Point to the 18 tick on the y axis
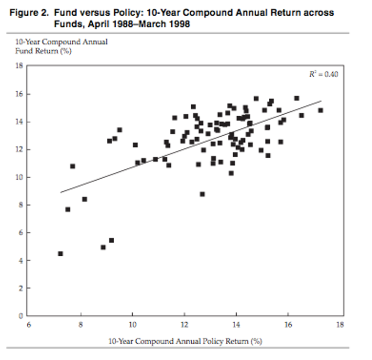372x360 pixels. pos(20,66)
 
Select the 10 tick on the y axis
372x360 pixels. pos(20,177)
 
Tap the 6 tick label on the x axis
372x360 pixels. pos(29,324)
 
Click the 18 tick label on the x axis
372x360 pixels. pos(341,324)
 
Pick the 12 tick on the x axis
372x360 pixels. pos(184,324)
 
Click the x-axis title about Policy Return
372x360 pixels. pos(184,341)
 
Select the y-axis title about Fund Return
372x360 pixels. pos(61,46)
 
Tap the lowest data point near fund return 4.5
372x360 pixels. pos(60,254)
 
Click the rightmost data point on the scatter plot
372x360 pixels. pos(321,111)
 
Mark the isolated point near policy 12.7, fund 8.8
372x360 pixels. pos(202,194)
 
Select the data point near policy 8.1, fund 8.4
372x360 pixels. pos(84,199)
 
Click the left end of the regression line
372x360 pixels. pos(61,192)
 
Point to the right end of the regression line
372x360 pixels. pos(321,101)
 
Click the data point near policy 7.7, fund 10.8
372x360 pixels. pos(73,166)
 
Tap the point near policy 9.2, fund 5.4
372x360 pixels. pos(111,241)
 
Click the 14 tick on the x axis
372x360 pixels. pos(237,324)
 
